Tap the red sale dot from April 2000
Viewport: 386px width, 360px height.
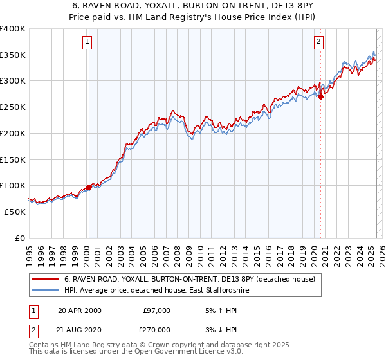(x=89, y=188)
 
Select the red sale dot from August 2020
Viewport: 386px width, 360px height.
(x=320, y=97)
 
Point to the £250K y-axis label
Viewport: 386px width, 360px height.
(x=13, y=107)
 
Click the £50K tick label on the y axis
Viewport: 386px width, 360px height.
(x=15, y=212)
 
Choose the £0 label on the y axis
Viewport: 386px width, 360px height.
(x=21, y=238)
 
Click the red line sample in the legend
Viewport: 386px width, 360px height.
(x=45, y=280)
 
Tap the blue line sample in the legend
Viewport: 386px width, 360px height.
(x=45, y=291)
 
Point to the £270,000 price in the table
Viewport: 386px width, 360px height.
(x=155, y=329)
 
